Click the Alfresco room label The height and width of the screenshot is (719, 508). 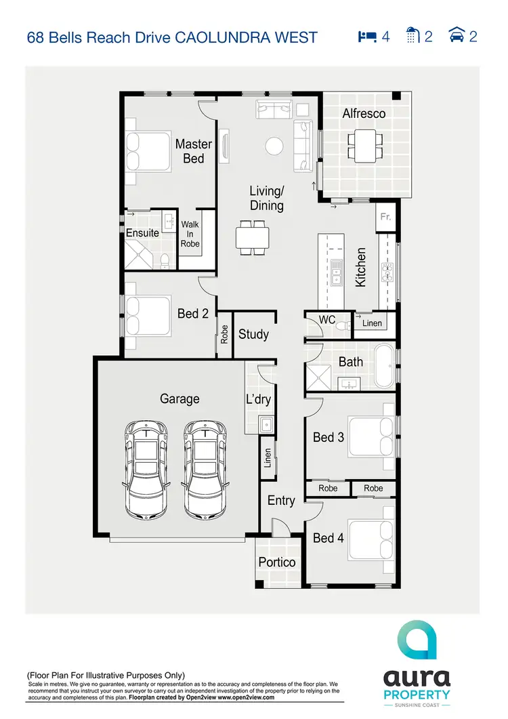pos(364,114)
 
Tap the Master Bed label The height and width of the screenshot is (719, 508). pos(193,150)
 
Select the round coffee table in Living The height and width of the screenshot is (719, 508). pos(274,146)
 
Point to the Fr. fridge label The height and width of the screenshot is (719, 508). pos(385,218)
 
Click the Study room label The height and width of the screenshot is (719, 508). pos(253,334)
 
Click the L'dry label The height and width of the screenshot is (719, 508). pos(258,399)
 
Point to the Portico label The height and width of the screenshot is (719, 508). pos(277,562)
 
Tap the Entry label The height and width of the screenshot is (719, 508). pos(281,501)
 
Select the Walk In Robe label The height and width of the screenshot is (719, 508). pos(190,234)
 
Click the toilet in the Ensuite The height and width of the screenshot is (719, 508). pos(165,260)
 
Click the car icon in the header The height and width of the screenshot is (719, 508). pos(457,36)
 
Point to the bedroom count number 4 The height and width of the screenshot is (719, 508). pos(386,37)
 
